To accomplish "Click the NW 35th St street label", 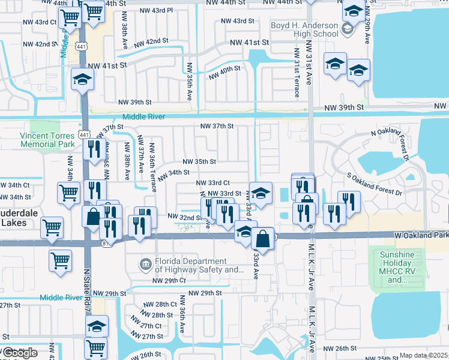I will click(199, 162).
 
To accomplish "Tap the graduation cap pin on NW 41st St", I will click(82, 79).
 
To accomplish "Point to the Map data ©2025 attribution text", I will click(424, 355).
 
